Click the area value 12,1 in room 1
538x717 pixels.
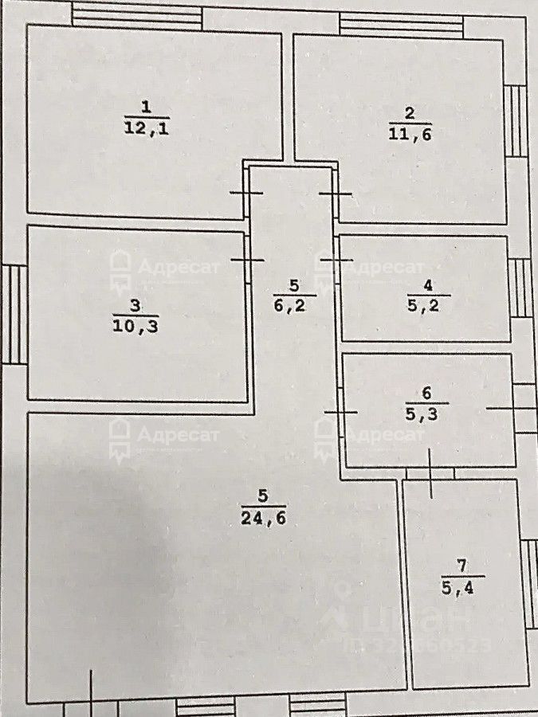(145, 128)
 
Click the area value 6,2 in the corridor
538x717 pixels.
(294, 304)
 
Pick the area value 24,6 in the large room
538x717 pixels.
(262, 518)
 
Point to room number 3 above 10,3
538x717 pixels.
(135, 304)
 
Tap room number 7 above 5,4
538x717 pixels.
(461, 566)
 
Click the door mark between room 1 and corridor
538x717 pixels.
(246, 193)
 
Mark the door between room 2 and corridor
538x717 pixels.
(335, 194)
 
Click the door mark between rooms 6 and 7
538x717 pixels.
(430, 474)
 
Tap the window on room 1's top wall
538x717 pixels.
(135, 16)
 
